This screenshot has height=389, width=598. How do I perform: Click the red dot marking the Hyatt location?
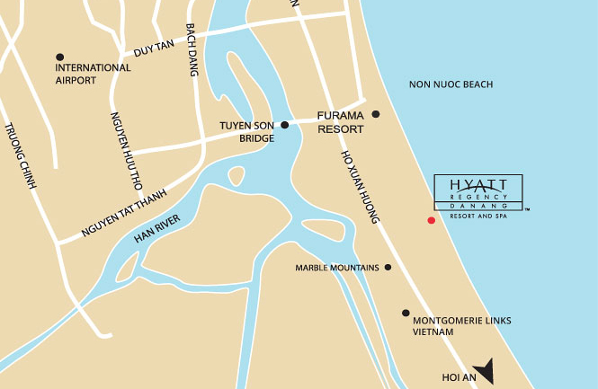pyautogui.click(x=431, y=220)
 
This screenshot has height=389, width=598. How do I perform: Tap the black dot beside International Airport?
pyautogui.click(x=59, y=57)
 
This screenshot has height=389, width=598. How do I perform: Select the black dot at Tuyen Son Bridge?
pyautogui.click(x=284, y=125)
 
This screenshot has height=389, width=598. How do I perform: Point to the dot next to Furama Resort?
pyautogui.click(x=376, y=114)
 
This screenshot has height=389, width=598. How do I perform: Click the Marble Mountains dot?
pyautogui.click(x=388, y=267)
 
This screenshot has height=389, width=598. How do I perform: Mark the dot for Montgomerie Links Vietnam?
pyautogui.click(x=405, y=313)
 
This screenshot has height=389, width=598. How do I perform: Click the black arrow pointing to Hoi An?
pyautogui.click(x=486, y=369)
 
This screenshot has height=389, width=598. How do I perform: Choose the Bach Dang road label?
pyautogui.click(x=191, y=50)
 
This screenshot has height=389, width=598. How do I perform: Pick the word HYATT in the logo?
pyautogui.click(x=478, y=184)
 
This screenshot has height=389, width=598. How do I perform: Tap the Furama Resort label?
pyautogui.click(x=340, y=122)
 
